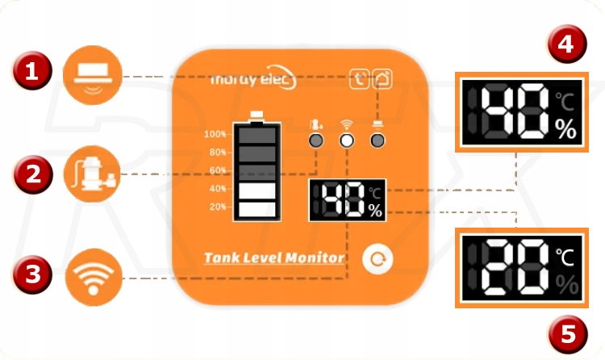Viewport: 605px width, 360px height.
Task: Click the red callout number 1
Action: point(31,73)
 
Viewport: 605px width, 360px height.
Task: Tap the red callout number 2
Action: point(31,172)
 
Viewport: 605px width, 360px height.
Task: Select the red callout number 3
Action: point(31,274)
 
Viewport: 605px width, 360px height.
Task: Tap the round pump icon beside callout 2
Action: point(94,170)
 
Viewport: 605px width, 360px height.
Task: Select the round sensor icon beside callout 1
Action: point(94,73)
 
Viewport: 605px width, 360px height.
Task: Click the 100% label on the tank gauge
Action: point(215,134)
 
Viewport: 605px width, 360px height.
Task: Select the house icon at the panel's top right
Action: point(383,79)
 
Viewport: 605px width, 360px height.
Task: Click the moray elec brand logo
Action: point(252,80)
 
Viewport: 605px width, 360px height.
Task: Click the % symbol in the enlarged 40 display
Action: point(566,128)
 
